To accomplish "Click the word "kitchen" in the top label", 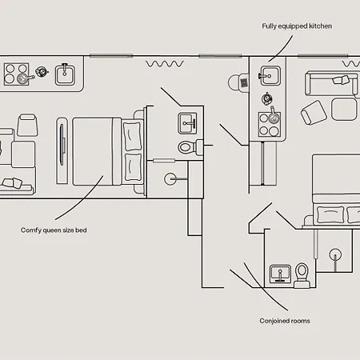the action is (320, 26).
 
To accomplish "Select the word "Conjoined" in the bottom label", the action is (272, 321).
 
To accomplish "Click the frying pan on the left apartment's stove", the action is (25, 78).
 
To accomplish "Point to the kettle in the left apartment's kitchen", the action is (42, 71).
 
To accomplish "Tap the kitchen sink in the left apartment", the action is (65, 75).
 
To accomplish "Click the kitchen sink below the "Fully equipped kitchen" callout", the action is (270, 76).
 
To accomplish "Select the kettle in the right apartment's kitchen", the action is (266, 99).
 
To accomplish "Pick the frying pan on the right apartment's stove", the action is (274, 116).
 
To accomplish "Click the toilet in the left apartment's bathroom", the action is (190, 147).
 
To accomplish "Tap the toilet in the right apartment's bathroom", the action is (302, 276).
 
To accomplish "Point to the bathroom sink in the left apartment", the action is (188, 123).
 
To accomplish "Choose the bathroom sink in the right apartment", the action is (280, 274).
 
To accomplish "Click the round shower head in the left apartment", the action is (170, 179).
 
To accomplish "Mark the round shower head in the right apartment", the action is (335, 254).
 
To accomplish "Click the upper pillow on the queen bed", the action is (132, 136).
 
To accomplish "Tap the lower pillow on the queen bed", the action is (133, 167).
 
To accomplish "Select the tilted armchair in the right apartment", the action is (314, 112).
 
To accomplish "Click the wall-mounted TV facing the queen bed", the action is (62, 150).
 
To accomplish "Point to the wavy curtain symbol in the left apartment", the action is (165, 64).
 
